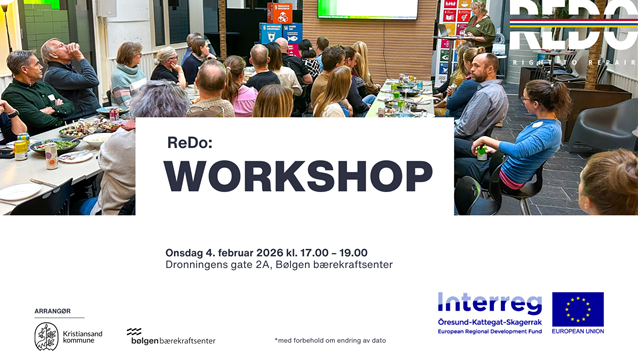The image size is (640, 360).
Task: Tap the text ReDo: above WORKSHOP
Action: pos(190,142)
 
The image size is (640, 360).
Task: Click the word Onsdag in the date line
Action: pos(186,252)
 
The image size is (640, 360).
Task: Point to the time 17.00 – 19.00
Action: pos(334,252)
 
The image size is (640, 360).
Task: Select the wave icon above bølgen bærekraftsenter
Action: pos(134,331)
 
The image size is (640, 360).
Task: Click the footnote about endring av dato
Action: pos(315,341)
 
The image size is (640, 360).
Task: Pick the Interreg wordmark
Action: pos(489,303)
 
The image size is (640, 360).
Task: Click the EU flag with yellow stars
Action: pos(578,309)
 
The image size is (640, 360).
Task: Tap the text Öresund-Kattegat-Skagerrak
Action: pos(489,321)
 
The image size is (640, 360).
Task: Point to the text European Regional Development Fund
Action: pos(489,331)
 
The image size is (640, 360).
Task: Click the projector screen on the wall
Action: pos(367,9)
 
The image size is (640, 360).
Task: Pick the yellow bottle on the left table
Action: pos(20,149)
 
